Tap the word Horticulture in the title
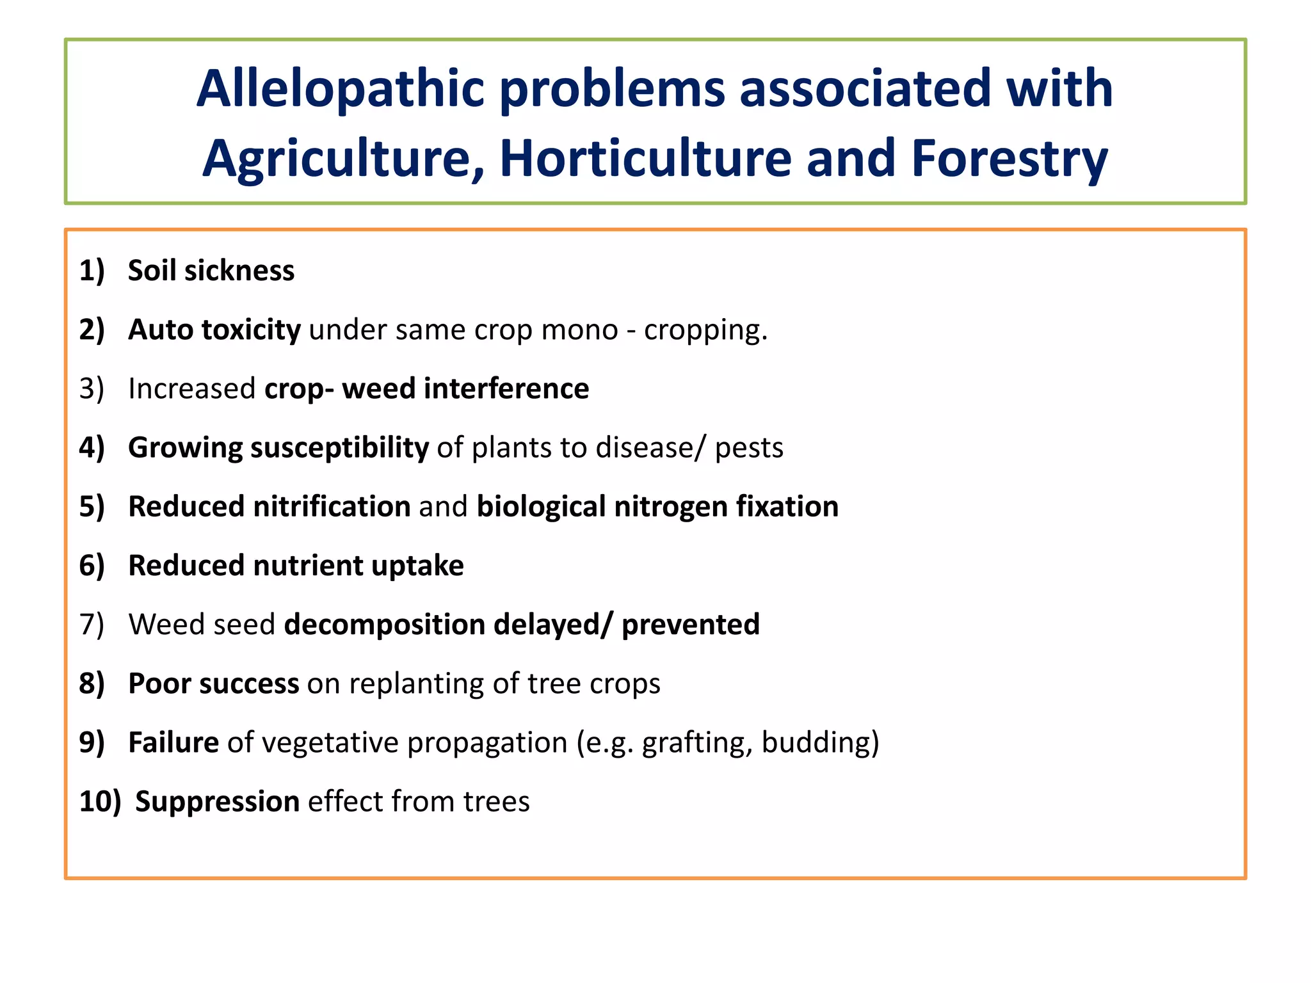pos(645,158)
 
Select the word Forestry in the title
pos(1009,158)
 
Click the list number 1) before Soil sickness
pos(92,270)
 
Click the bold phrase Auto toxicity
pos(214,330)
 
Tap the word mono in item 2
pos(579,330)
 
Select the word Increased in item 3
pos(192,388)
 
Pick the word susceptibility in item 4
pos(339,447)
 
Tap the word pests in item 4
pos(748,447)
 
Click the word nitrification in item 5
pos(332,506)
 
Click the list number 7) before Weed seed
pos(92,624)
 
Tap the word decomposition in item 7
pos(384,624)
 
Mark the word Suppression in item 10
pos(217,801)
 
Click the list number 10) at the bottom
pos(99,801)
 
